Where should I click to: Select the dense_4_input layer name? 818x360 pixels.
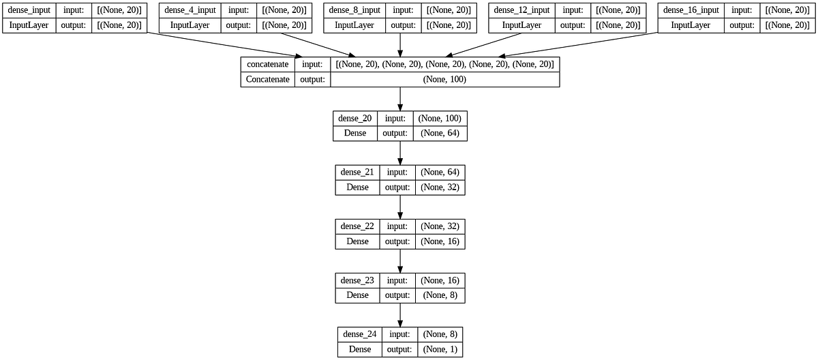(x=191, y=10)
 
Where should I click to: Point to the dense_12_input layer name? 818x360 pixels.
(x=521, y=10)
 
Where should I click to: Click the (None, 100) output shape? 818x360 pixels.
(x=444, y=79)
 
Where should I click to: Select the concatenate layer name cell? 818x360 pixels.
(x=268, y=64)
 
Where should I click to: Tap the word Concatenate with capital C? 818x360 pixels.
(x=268, y=79)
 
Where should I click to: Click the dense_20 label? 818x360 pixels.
(x=354, y=118)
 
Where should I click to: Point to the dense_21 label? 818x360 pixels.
(x=357, y=172)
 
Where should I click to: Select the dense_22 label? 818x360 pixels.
(x=357, y=226)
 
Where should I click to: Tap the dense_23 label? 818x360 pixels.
(x=357, y=280)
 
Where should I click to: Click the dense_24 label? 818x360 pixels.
(x=359, y=334)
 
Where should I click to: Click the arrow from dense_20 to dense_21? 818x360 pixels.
(x=400, y=153)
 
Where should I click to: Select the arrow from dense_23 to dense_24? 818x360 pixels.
(x=400, y=315)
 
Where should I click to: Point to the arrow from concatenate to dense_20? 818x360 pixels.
(x=400, y=99)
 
